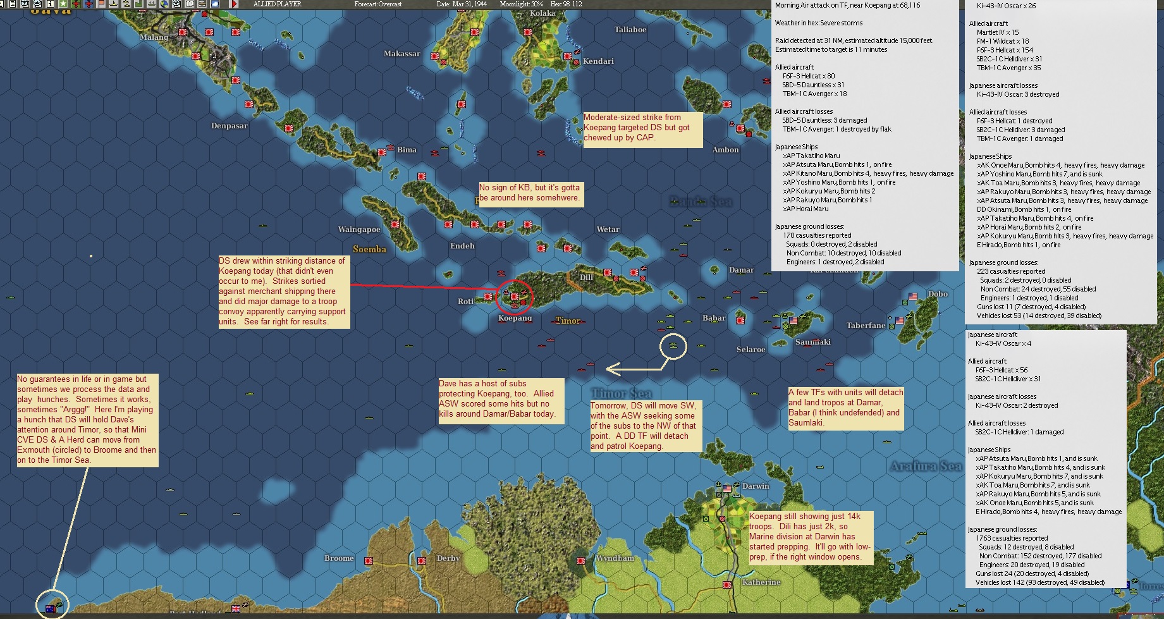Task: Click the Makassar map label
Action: click(x=401, y=54)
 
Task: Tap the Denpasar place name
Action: click(x=229, y=126)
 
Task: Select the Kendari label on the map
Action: click(x=598, y=61)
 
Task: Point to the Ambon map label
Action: click(x=725, y=150)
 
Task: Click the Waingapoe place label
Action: click(x=359, y=230)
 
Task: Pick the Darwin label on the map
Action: click(x=756, y=486)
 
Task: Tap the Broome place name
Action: click(x=339, y=558)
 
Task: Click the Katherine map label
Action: click(x=761, y=582)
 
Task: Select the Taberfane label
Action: click(x=866, y=326)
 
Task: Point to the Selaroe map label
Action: click(x=750, y=350)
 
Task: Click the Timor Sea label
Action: click(x=622, y=393)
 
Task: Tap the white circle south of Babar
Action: click(x=673, y=346)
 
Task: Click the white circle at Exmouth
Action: click(x=52, y=605)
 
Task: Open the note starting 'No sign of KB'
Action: click(x=529, y=193)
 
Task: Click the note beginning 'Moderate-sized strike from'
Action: click(x=642, y=128)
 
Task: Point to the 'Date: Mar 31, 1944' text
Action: click(x=462, y=4)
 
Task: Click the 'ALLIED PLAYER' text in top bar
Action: click(x=277, y=4)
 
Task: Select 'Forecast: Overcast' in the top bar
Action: click(x=378, y=4)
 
